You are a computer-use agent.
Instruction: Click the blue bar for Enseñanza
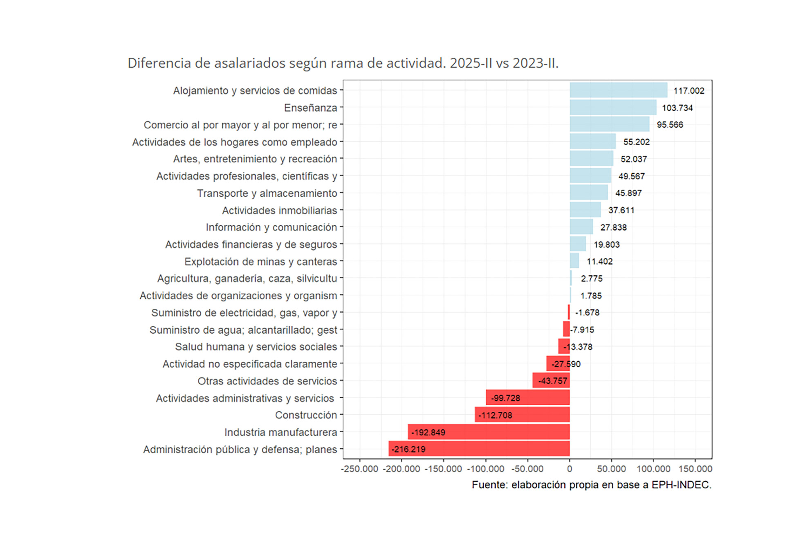[x=612, y=108]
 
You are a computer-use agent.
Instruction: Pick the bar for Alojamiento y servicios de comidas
[x=618, y=90]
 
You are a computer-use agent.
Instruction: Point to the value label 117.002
[x=689, y=91]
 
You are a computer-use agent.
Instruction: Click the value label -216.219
[x=408, y=449]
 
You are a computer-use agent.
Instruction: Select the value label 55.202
[x=636, y=142]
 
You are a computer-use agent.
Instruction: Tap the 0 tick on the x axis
[x=570, y=469]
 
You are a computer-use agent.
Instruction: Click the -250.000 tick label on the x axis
[x=360, y=469]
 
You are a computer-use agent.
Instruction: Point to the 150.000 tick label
[x=695, y=469]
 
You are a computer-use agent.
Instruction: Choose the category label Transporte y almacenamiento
[x=267, y=193]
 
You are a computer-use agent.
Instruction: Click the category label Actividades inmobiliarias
[x=280, y=210]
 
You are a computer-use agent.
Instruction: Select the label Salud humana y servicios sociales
[x=256, y=347]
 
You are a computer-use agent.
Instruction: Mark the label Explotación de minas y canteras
[x=260, y=261]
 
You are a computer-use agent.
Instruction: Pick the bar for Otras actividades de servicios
[x=551, y=380]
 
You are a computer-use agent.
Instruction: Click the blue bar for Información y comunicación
[x=581, y=227]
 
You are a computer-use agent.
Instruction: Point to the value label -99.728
[x=505, y=398]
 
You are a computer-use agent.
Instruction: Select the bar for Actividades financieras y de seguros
[x=578, y=244]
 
